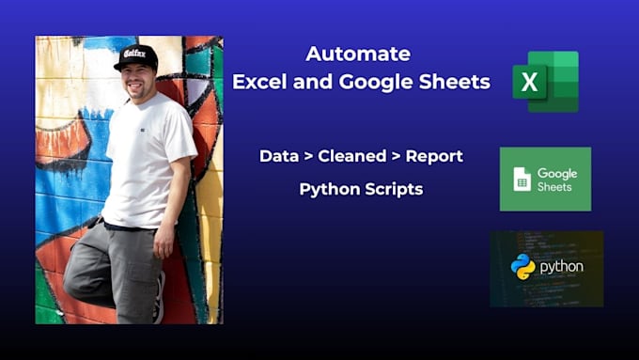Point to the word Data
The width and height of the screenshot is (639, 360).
point(278,156)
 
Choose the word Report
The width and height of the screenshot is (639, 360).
point(434,156)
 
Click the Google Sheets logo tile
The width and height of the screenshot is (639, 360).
point(545,179)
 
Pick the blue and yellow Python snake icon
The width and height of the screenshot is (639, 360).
point(522,267)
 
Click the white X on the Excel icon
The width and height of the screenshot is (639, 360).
point(529,82)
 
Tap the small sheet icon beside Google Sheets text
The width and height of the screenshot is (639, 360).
point(522,179)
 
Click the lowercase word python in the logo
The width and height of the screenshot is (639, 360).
point(561,268)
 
